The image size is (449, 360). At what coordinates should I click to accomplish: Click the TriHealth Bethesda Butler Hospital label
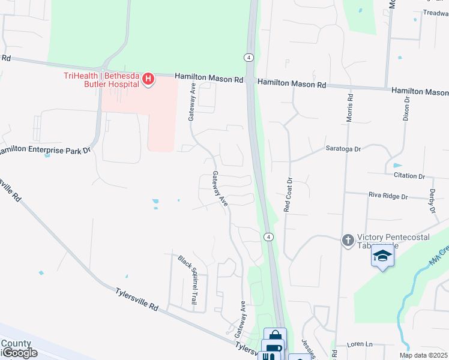click(101, 79)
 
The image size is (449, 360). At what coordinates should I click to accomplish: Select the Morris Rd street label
click(349, 107)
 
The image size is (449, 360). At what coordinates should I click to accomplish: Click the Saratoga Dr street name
click(343, 149)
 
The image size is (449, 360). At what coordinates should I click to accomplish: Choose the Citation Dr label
click(409, 176)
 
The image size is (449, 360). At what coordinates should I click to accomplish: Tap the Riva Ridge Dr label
click(388, 196)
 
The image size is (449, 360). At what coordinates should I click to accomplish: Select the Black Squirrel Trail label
click(187, 280)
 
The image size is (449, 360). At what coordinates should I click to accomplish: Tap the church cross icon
click(348, 241)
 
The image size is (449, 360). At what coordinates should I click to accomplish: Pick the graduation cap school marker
click(381, 256)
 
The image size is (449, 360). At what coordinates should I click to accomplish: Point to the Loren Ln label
click(361, 345)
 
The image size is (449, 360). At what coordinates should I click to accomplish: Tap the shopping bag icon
click(275, 336)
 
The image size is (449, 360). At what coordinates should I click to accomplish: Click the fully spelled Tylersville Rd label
click(137, 298)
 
